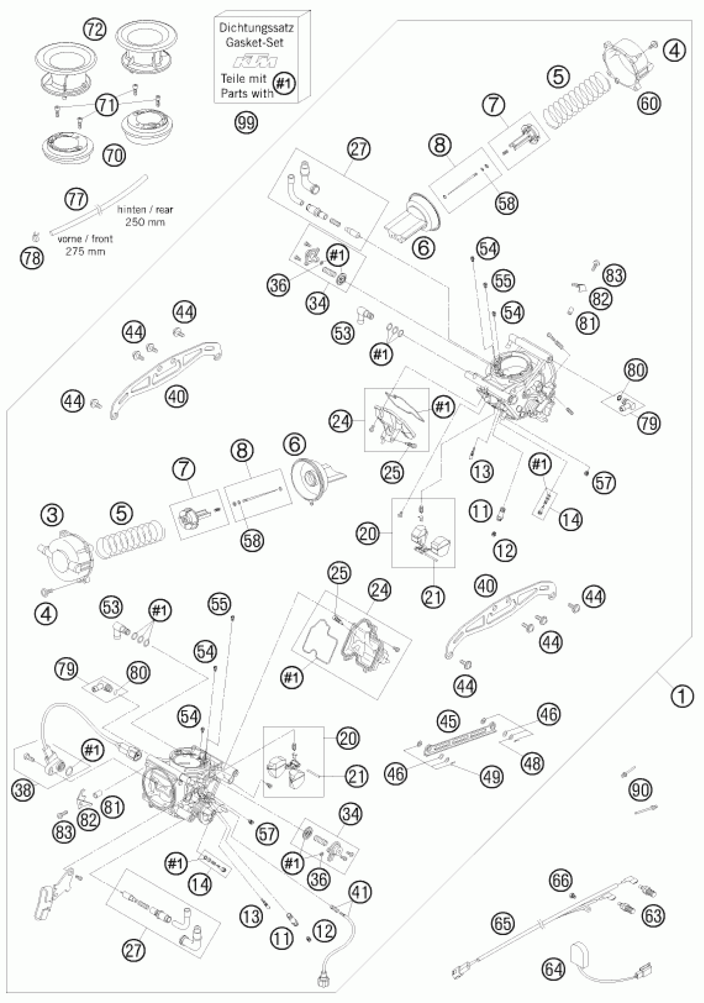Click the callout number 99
click(246, 123)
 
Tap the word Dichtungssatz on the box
click(256, 28)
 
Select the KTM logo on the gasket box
click(256, 62)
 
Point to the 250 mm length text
click(145, 222)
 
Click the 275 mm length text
click(85, 251)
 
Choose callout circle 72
click(94, 29)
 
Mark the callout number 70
click(113, 155)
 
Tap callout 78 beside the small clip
click(32, 258)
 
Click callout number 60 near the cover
click(649, 104)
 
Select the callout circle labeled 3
click(52, 515)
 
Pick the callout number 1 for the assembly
click(682, 696)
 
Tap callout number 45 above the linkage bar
click(449, 720)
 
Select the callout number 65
click(503, 923)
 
